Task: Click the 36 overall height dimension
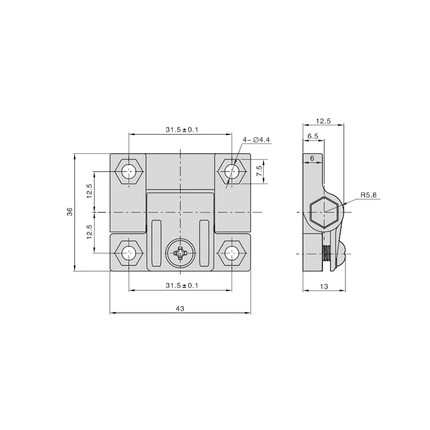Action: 69,213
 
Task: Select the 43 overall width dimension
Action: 180,308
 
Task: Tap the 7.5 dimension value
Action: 259,171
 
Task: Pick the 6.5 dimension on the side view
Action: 313,137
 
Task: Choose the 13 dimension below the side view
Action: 324,287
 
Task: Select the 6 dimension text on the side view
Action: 311,158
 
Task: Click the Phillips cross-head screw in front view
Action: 180,253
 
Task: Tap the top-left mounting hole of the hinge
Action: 128,171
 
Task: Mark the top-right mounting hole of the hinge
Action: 232,171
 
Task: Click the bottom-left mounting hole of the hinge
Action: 128,253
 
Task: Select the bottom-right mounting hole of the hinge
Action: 232,253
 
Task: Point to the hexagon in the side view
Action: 324,211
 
